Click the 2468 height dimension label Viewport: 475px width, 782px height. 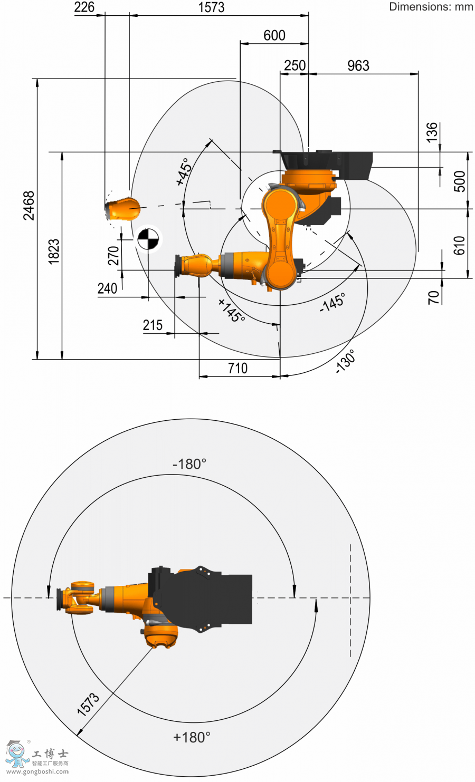(x=29, y=206)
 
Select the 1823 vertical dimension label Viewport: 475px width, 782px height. (x=54, y=252)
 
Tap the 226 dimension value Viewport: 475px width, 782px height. (x=84, y=7)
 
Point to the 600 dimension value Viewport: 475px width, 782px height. (x=274, y=36)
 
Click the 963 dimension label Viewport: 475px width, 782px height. (x=358, y=65)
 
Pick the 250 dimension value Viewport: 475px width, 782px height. (x=294, y=65)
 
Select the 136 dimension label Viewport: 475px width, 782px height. (x=432, y=132)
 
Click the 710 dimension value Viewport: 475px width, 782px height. (x=237, y=368)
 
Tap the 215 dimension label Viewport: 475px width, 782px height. (x=153, y=325)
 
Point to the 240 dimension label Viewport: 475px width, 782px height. (x=107, y=289)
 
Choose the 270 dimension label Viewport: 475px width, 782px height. (x=113, y=256)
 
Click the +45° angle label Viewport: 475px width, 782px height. (x=184, y=171)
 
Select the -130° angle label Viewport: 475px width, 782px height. (x=345, y=361)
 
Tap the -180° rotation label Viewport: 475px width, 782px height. (x=189, y=465)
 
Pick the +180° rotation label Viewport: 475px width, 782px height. (x=192, y=737)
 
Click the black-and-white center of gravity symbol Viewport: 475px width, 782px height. (x=148, y=239)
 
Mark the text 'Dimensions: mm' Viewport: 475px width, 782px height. (x=431, y=7)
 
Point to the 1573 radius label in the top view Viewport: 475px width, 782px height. (x=88, y=704)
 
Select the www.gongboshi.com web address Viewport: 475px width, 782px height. (x=37, y=771)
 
